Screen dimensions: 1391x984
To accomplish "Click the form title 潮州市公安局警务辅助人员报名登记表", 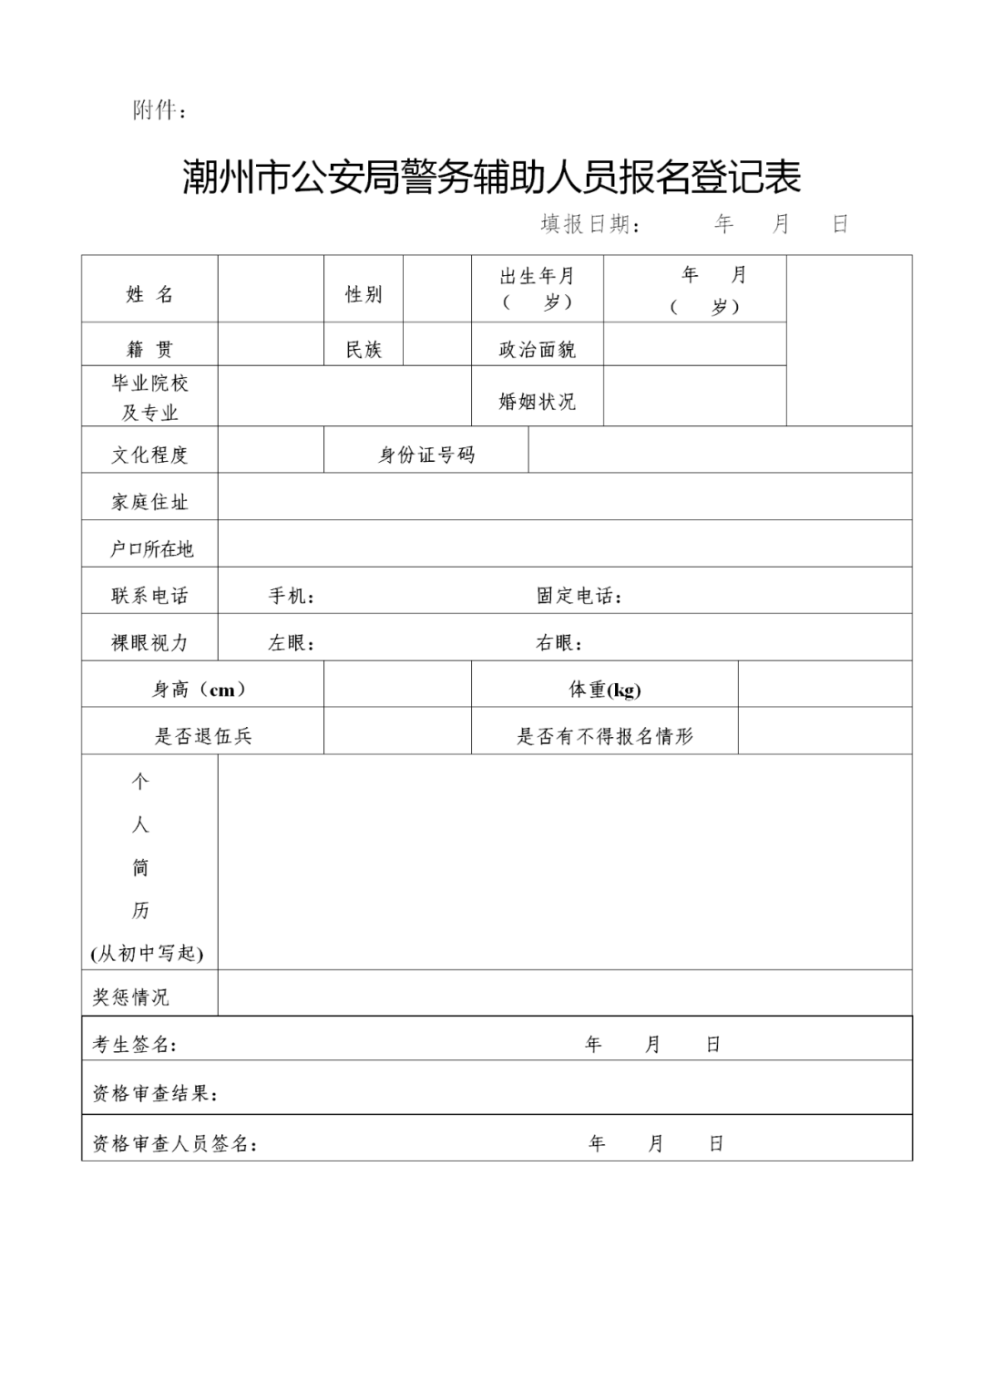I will pos(491,177).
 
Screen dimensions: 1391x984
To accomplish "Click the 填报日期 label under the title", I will pos(589,224).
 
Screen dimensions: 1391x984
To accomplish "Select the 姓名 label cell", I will pos(149,294).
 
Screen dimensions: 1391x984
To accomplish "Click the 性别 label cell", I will pos(364,294).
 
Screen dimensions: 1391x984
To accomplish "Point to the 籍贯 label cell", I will pos(149,349).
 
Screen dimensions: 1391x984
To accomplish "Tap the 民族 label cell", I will pos(364,349).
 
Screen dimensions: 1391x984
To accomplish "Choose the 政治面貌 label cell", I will pos(537,349).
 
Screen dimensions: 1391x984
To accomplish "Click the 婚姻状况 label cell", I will pos(537,401).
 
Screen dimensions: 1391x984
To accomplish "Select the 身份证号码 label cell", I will pos(426,455).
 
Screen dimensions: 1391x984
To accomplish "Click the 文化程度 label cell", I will pos(149,455).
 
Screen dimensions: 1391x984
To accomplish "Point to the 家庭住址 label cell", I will pos(149,501).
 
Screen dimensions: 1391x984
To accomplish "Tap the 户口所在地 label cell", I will pos(151,548).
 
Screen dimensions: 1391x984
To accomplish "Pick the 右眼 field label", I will pos(559,643).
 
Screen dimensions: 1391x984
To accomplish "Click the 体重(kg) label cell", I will pos(605,690).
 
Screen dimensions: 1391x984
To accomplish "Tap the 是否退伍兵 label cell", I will pos(203,736).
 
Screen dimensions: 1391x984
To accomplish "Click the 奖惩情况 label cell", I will pos(131,997).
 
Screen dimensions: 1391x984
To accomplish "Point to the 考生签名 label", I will pos(134,1044).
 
